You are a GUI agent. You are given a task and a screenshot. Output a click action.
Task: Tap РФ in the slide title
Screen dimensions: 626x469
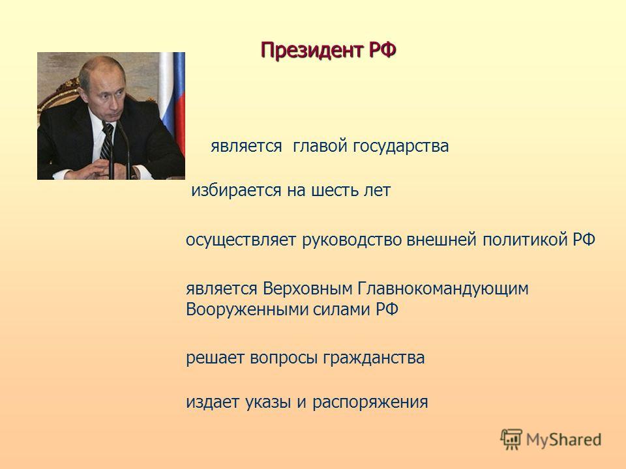pyautogui.click(x=383, y=50)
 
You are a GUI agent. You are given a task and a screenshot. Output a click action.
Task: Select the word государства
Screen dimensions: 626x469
pyautogui.click(x=401, y=147)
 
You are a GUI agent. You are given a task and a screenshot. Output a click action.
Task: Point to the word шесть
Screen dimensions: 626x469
pyautogui.click(x=333, y=190)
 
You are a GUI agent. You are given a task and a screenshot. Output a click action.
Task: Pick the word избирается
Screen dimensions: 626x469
pyautogui.click(x=236, y=190)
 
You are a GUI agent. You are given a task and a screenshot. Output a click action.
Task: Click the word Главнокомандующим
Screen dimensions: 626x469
pyautogui.click(x=443, y=289)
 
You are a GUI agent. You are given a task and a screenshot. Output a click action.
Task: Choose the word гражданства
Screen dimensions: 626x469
pyautogui.click(x=374, y=358)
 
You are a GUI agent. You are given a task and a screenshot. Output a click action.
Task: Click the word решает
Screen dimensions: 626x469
pyautogui.click(x=215, y=358)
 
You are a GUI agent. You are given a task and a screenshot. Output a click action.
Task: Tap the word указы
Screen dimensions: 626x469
pyautogui.click(x=267, y=403)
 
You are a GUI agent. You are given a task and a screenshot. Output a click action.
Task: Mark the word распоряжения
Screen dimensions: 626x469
pyautogui.click(x=370, y=403)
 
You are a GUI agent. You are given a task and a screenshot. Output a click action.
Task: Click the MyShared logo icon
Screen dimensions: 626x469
pyautogui.click(x=511, y=439)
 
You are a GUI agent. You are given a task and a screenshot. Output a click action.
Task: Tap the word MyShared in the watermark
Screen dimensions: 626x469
pyautogui.click(x=563, y=440)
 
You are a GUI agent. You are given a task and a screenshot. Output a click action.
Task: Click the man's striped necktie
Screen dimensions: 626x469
pyautogui.click(x=107, y=141)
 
